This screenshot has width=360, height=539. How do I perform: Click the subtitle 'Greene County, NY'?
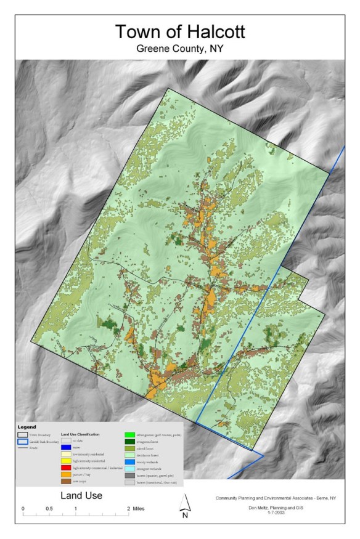click(179, 49)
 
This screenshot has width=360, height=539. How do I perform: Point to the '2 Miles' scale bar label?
click(137, 508)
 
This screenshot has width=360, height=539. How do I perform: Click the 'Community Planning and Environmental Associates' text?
click(271, 498)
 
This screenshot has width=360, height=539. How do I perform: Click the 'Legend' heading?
click(27, 426)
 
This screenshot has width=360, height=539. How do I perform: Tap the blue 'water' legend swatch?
click(67, 447)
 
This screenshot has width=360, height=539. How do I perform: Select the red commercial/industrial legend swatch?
click(67, 467)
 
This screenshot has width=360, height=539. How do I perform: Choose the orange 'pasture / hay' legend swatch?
click(67, 474)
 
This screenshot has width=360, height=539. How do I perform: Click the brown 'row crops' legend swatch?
click(67, 480)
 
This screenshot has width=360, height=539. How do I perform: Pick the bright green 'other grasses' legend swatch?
click(130, 434)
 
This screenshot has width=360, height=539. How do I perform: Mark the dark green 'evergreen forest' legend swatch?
click(130, 441)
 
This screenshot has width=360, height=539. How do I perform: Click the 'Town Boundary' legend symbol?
click(22, 434)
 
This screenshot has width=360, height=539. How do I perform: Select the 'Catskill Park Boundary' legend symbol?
click(22, 441)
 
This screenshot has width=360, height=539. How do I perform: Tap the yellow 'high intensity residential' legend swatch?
click(67, 461)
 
